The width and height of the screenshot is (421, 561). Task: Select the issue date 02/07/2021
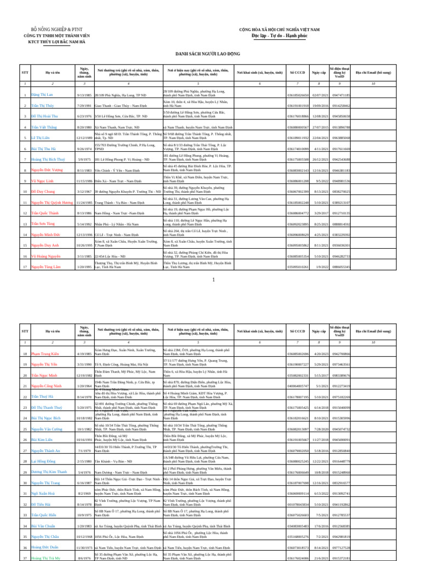click(320, 95)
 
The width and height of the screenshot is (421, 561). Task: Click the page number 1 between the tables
click(213, 280)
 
